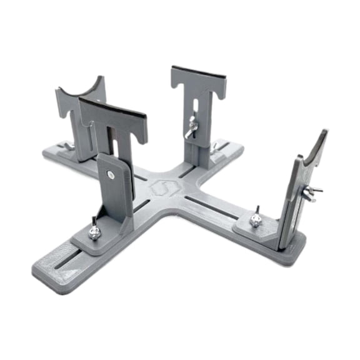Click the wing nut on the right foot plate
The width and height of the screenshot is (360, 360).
tap(254, 219)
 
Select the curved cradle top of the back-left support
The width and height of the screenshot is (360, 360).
tap(81, 93)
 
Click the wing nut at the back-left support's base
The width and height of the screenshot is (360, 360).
tap(68, 146)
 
